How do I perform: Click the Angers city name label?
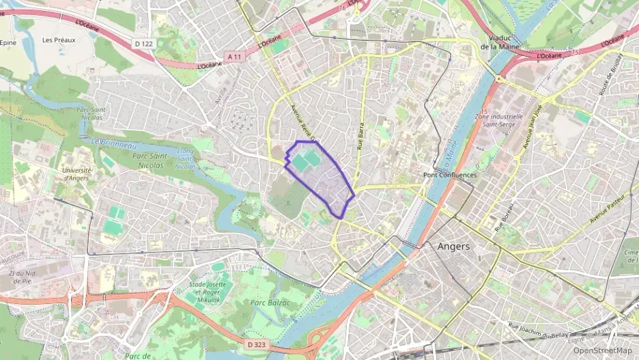tap(453, 247)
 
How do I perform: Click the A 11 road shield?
tap(235, 55)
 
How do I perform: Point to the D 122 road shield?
tap(143, 43)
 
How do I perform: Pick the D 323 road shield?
tap(256, 344)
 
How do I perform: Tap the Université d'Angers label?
tap(76, 174)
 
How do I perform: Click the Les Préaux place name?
tap(59, 40)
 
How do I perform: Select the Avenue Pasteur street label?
tap(607, 210)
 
